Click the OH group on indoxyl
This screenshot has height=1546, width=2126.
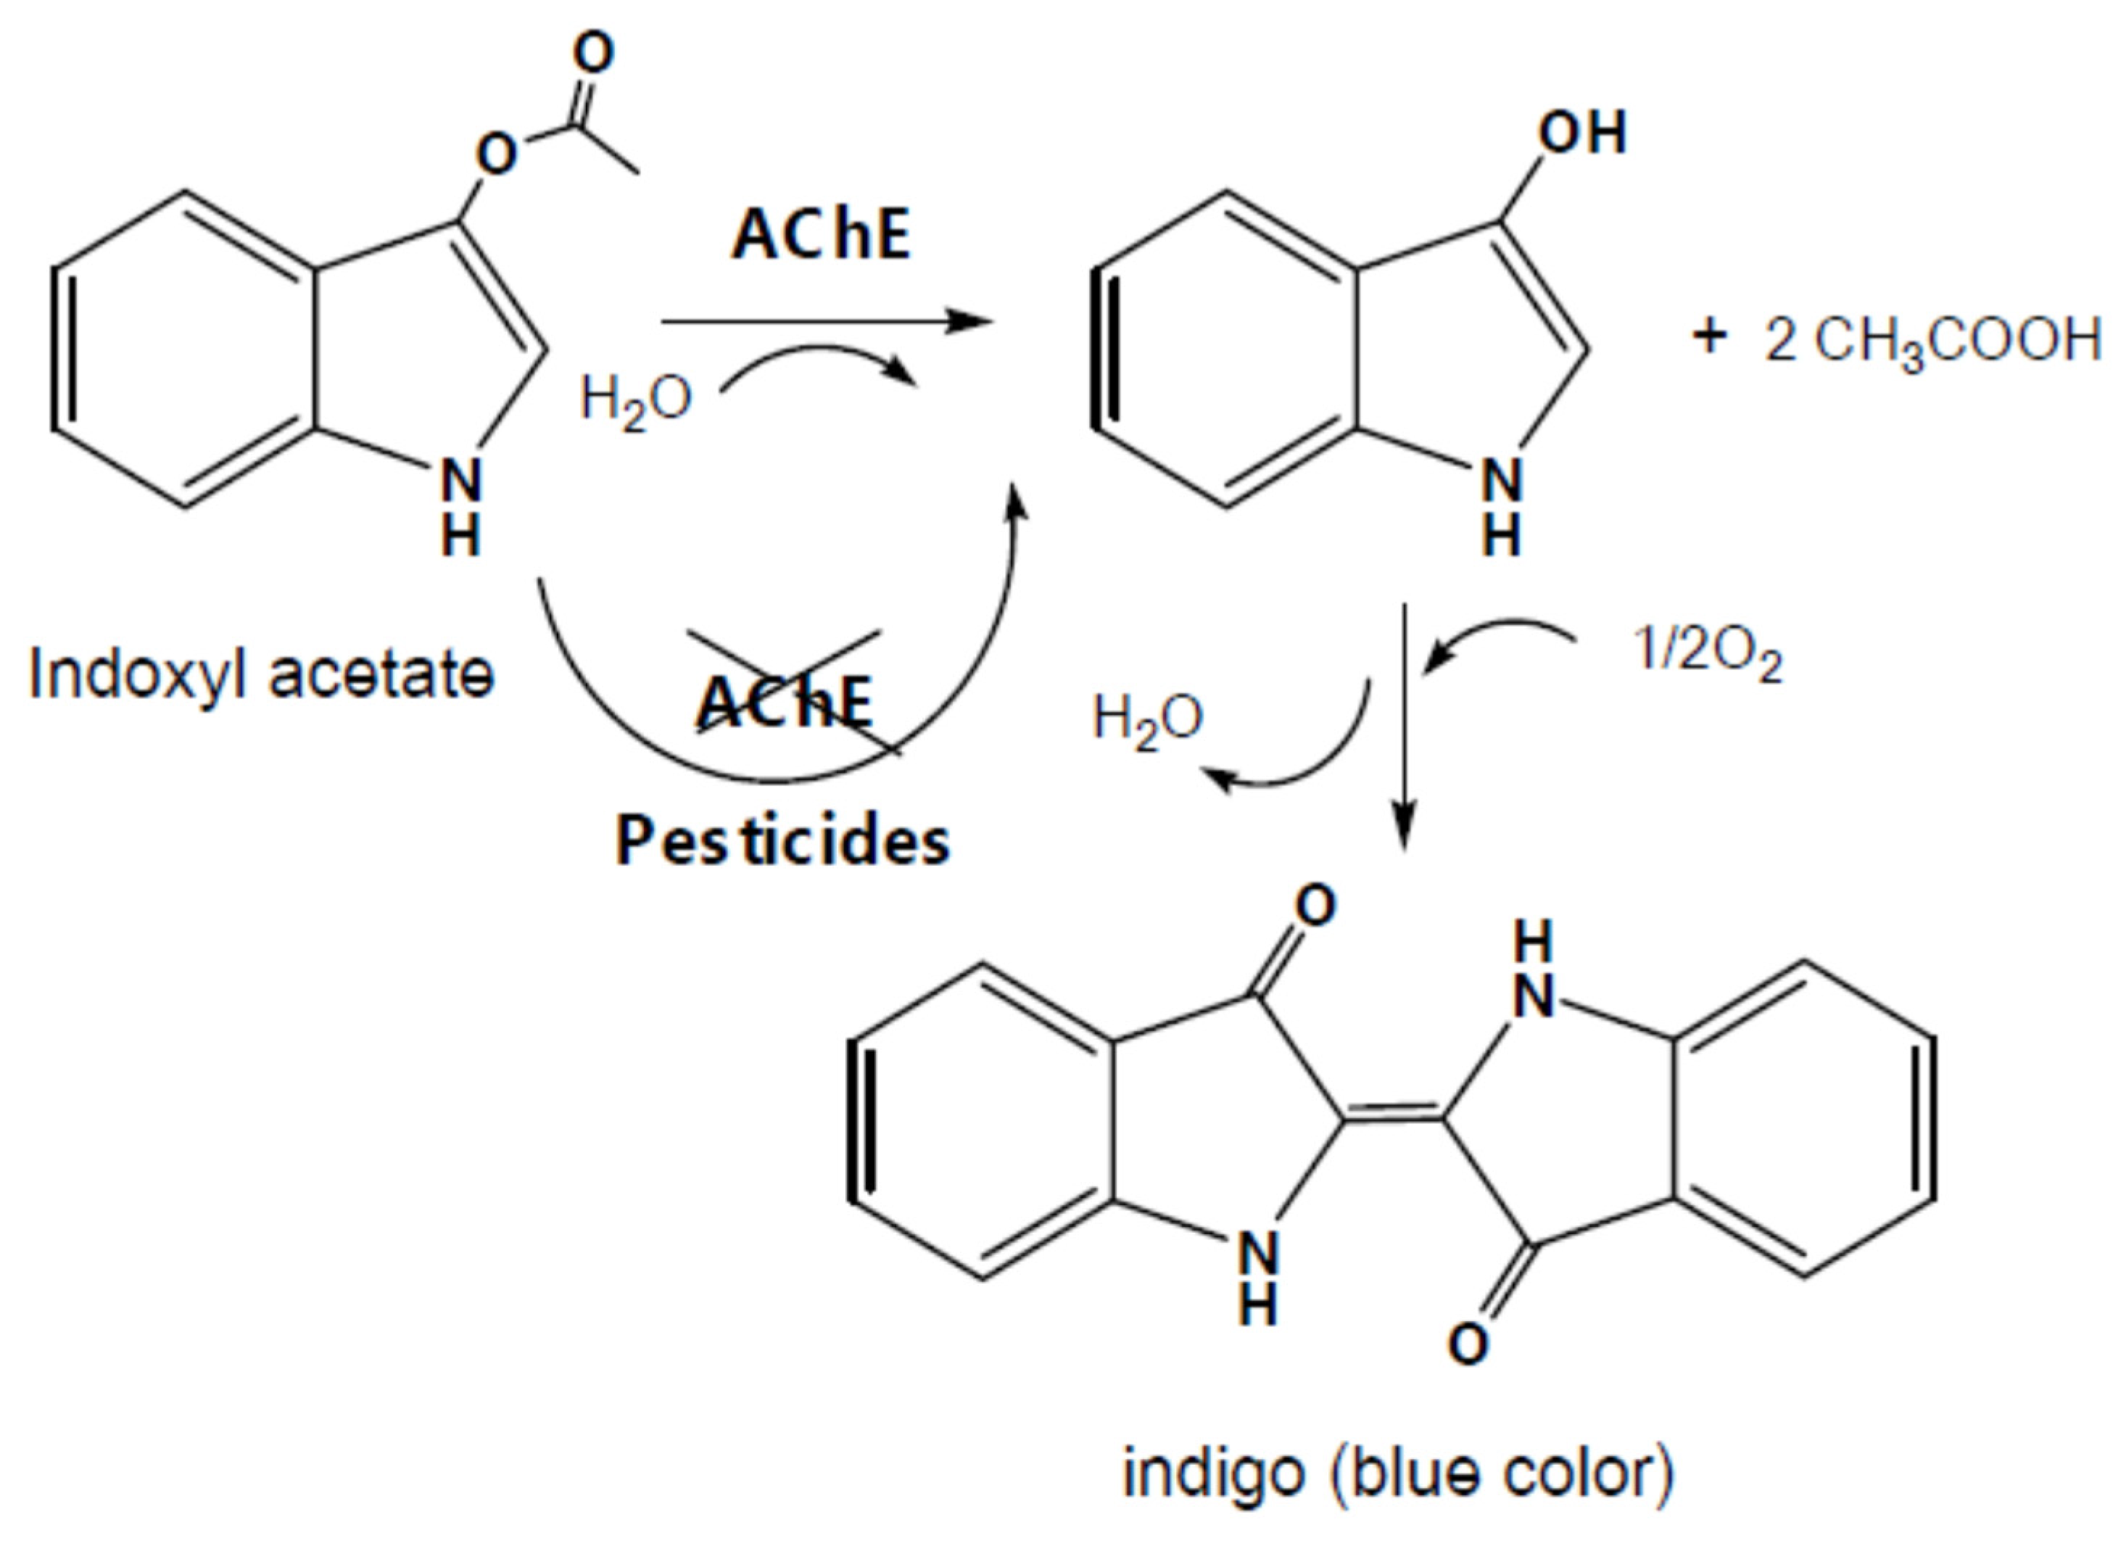tap(1582, 133)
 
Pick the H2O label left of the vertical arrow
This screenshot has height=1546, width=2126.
tap(1147, 720)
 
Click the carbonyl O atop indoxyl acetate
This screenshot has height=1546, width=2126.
tap(593, 54)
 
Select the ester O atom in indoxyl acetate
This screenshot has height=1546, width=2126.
tap(496, 154)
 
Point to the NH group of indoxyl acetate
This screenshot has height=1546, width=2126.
tap(461, 506)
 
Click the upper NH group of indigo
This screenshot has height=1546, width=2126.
tap(1534, 970)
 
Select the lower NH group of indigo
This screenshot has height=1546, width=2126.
tap(1258, 1277)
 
